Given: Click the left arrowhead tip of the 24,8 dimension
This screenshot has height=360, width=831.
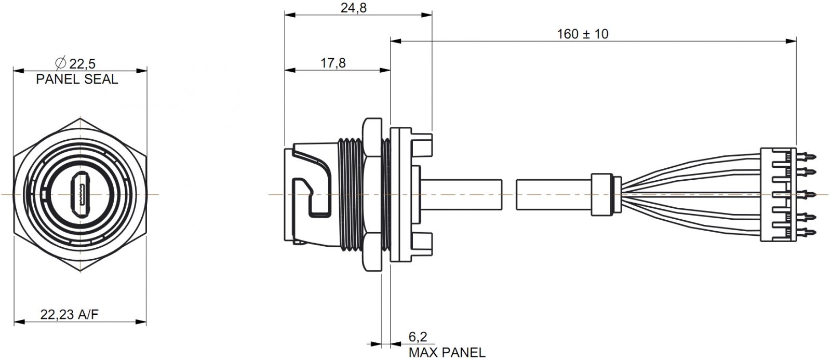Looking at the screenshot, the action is [x=285, y=15].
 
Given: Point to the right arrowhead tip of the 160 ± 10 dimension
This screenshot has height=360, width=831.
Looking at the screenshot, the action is [x=796, y=41].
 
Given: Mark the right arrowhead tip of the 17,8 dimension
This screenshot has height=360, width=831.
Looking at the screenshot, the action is [x=390, y=70].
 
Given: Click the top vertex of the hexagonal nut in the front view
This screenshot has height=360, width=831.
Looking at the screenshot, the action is [x=80, y=118].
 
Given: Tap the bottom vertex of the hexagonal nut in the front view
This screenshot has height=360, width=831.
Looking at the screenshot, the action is [x=80, y=271].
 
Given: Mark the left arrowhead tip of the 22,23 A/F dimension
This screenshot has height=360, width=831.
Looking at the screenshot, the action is [x=14, y=322].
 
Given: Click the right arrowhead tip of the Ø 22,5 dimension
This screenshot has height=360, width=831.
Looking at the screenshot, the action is [x=147, y=71].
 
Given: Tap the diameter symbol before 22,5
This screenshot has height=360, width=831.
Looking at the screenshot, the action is [x=60, y=63].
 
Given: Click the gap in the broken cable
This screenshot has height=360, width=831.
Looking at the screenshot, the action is [x=509, y=194].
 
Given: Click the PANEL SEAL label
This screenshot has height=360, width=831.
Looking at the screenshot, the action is [x=77, y=79].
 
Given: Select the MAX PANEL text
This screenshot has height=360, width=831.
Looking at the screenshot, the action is [x=447, y=352].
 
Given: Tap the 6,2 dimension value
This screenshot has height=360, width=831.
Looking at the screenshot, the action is [x=418, y=337].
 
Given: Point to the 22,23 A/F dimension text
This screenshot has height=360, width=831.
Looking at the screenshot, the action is [x=70, y=315].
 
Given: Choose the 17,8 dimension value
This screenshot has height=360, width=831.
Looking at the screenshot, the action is [x=333, y=63].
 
